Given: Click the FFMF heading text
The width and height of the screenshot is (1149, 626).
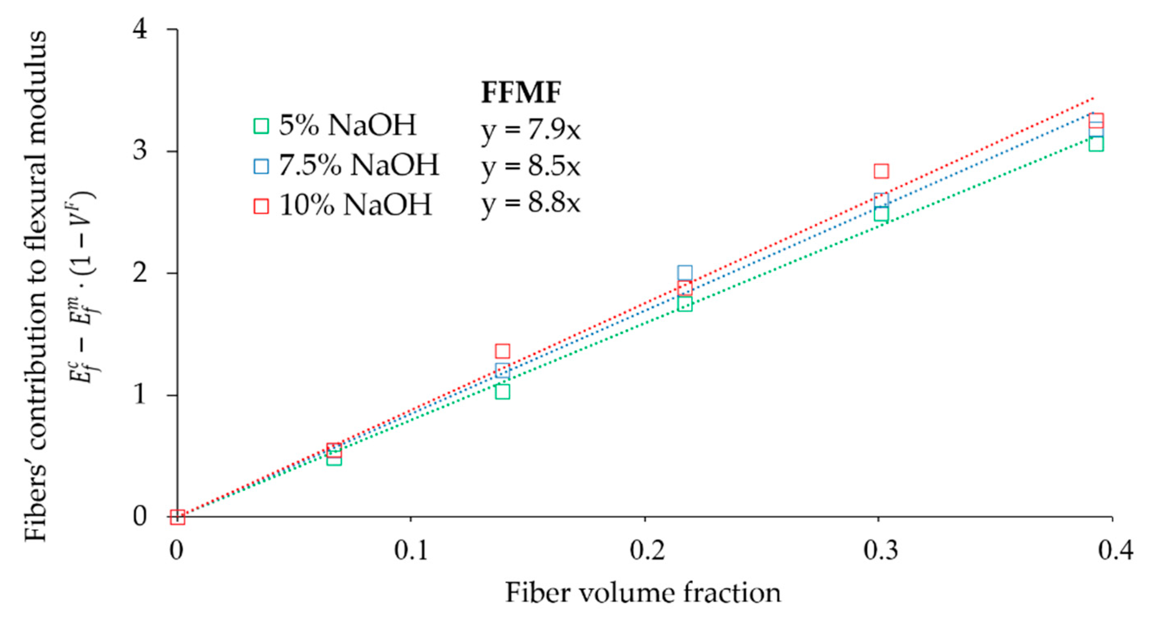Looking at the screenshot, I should (520, 93).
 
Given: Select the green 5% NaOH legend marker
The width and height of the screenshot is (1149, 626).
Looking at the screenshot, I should (261, 126).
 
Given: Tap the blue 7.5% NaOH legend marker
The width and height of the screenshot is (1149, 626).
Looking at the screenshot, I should (261, 166).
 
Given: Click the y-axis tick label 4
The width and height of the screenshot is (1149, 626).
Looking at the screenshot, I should (141, 30).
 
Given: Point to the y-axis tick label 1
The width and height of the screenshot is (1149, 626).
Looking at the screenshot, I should (141, 394).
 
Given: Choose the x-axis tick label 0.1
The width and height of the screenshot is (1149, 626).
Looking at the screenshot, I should (411, 550).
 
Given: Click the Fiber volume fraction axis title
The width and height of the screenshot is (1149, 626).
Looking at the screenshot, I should (643, 594).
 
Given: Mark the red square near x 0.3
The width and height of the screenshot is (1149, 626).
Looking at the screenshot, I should (881, 171).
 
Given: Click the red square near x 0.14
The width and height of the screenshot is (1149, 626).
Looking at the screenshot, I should (502, 351).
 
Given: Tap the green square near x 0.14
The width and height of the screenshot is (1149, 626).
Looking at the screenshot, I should (502, 392).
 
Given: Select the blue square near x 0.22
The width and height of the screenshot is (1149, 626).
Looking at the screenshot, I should (685, 272).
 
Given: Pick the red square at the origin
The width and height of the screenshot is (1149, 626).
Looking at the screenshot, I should (178, 517).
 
